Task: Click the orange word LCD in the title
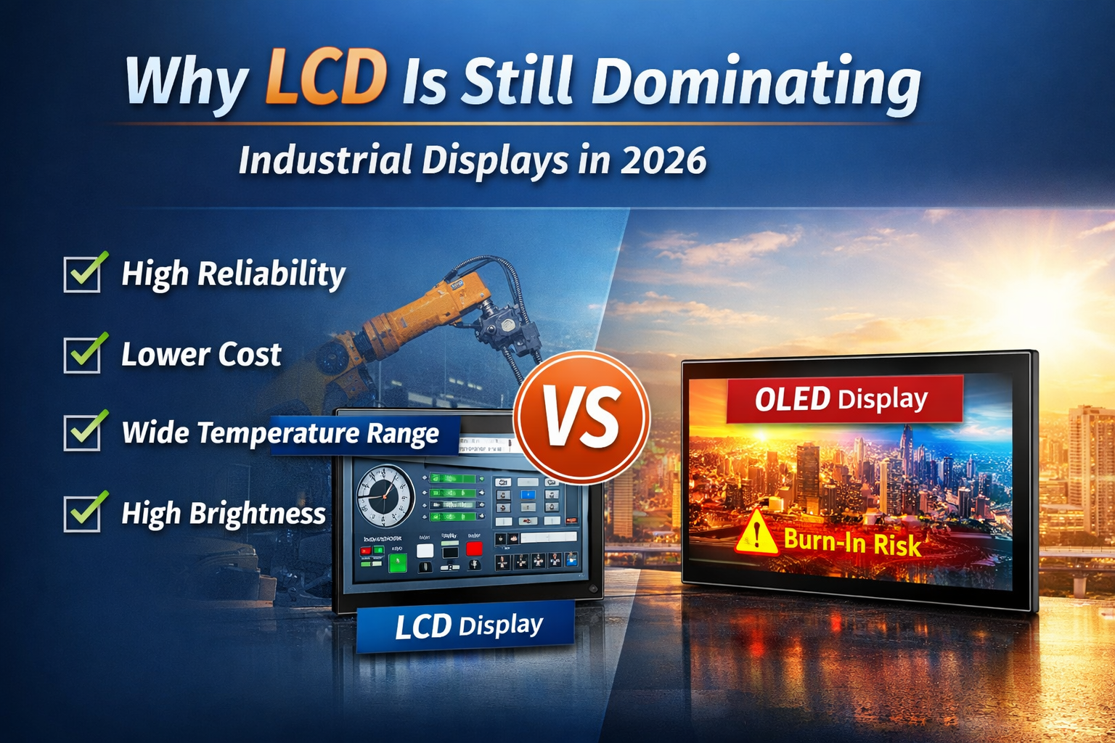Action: point(325,78)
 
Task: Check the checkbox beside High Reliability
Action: point(83,274)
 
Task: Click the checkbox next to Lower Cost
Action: point(83,355)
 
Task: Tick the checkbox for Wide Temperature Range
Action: point(83,432)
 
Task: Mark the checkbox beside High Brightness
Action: point(83,513)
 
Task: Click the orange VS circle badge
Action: point(581,417)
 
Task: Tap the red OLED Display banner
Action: point(844,399)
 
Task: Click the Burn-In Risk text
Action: point(852,542)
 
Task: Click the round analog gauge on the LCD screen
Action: point(385,495)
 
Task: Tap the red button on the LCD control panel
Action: point(474,548)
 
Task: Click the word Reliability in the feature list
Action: point(271,274)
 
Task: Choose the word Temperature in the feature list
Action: point(278,433)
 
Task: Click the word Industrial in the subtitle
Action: point(325,160)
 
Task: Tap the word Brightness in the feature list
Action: point(258,514)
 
